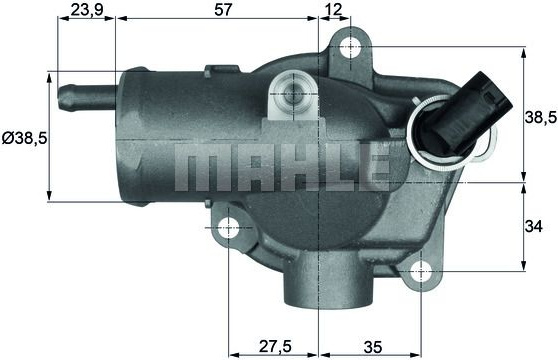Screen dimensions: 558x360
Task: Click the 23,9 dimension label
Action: pos(87,10)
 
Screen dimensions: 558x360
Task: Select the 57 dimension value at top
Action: pos(223,10)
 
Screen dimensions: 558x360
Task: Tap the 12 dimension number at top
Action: pos(333,10)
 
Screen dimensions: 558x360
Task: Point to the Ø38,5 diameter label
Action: pos(25,138)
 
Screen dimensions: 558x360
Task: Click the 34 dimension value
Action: pos(533,226)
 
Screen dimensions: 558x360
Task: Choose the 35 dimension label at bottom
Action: pos(373,347)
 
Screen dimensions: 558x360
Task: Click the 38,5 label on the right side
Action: pos(541,117)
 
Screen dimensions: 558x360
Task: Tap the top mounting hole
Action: pos(351,48)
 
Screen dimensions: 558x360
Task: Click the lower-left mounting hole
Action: pos(228,228)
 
